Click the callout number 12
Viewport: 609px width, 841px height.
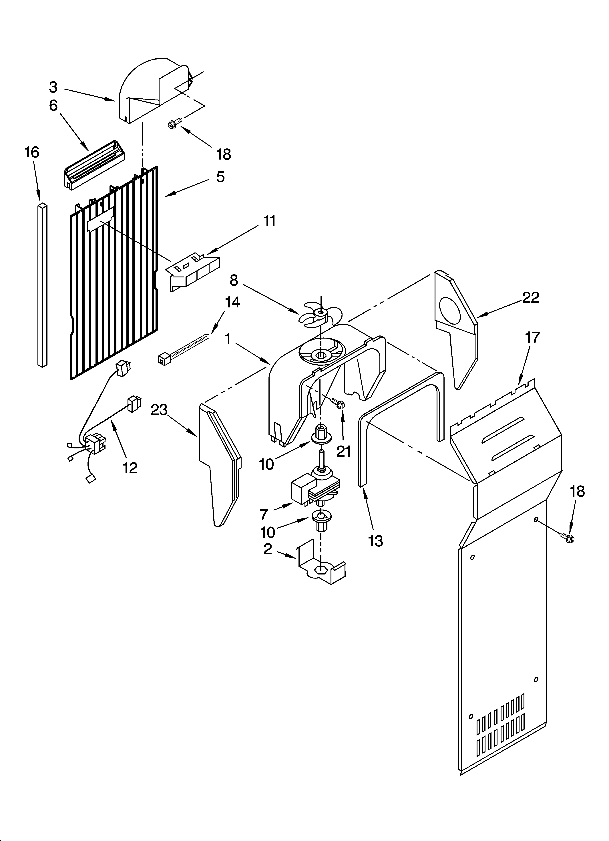point(130,468)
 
